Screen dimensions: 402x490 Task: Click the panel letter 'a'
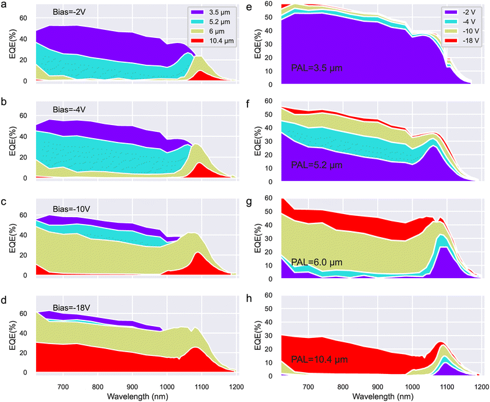[4, 5]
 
